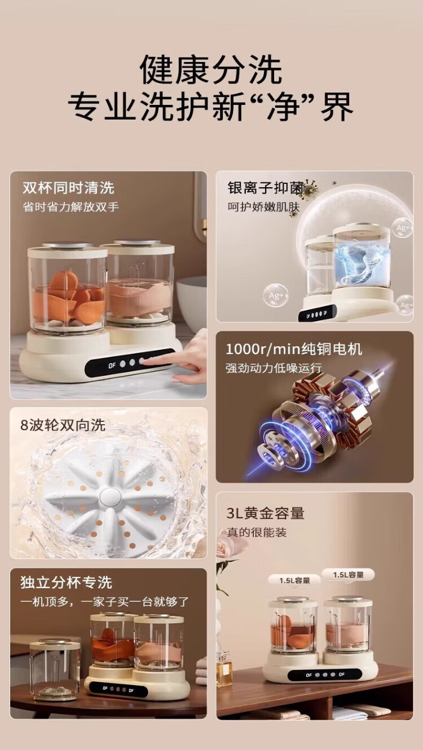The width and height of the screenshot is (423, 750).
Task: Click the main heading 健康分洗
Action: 211,70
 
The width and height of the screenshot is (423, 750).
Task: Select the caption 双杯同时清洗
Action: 69,188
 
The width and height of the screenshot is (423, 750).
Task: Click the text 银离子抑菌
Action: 266,188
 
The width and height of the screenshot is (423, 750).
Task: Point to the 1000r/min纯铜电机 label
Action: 294,349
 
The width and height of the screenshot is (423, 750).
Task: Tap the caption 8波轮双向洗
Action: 63,425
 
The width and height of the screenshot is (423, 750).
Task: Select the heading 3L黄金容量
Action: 265,513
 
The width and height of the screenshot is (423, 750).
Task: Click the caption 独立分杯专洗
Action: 67,583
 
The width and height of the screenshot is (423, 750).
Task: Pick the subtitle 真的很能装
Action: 257,532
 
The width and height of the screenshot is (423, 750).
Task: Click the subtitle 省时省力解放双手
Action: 70,207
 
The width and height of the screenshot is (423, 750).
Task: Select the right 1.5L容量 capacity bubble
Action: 349,575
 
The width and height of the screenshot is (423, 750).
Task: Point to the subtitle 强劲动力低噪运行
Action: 274,368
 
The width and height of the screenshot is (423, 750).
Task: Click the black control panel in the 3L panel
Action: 324,674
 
